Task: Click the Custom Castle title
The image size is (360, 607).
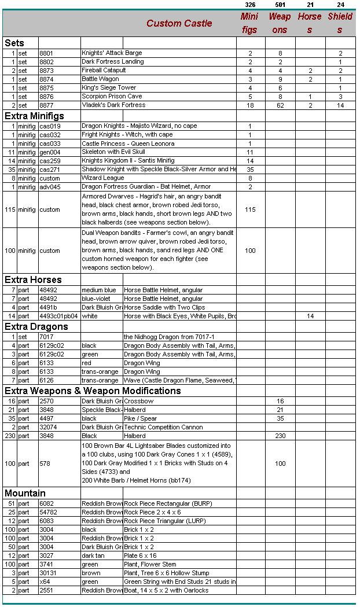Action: [179, 24]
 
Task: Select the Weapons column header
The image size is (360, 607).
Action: [280, 23]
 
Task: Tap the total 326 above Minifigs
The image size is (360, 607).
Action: [250, 5]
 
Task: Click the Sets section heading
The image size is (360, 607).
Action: [14, 43]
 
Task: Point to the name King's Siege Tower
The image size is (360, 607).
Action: [109, 88]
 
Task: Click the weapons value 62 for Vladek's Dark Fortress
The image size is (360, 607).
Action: [280, 105]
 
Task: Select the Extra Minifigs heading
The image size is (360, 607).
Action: [34, 116]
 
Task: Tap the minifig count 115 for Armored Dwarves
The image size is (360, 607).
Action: [250, 209]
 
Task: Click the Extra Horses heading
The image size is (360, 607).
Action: [33, 280]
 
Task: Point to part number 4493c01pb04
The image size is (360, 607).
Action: [58, 317]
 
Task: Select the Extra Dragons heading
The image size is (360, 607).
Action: [36, 327]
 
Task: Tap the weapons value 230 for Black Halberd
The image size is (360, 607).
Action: [280, 436]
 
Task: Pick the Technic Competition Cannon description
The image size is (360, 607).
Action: [163, 427]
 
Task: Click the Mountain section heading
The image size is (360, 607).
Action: [25, 494]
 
